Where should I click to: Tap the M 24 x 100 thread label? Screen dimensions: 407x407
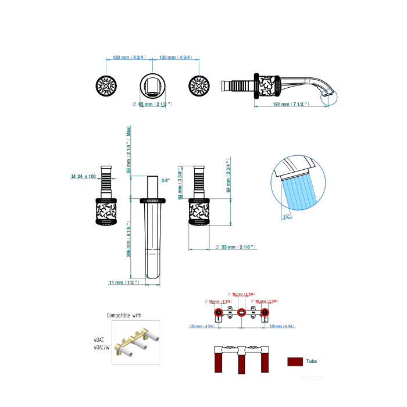pyautogui.click(x=84, y=176)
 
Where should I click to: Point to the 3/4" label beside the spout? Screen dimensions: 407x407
pyautogui.click(x=166, y=180)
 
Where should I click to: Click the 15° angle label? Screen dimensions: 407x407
pyautogui.click(x=285, y=216)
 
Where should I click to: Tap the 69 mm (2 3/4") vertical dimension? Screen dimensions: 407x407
pyautogui.click(x=229, y=177)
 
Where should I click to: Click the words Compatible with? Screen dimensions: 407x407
pyautogui.click(x=124, y=315)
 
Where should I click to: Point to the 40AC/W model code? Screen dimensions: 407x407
pyautogui.click(x=102, y=347)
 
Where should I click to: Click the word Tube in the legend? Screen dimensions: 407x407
pyautogui.click(x=312, y=361)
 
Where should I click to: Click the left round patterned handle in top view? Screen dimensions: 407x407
pyautogui.click(x=105, y=87)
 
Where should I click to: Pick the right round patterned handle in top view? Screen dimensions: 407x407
pyautogui.click(x=199, y=87)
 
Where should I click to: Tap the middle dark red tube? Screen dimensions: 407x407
pyautogui.click(x=241, y=365)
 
